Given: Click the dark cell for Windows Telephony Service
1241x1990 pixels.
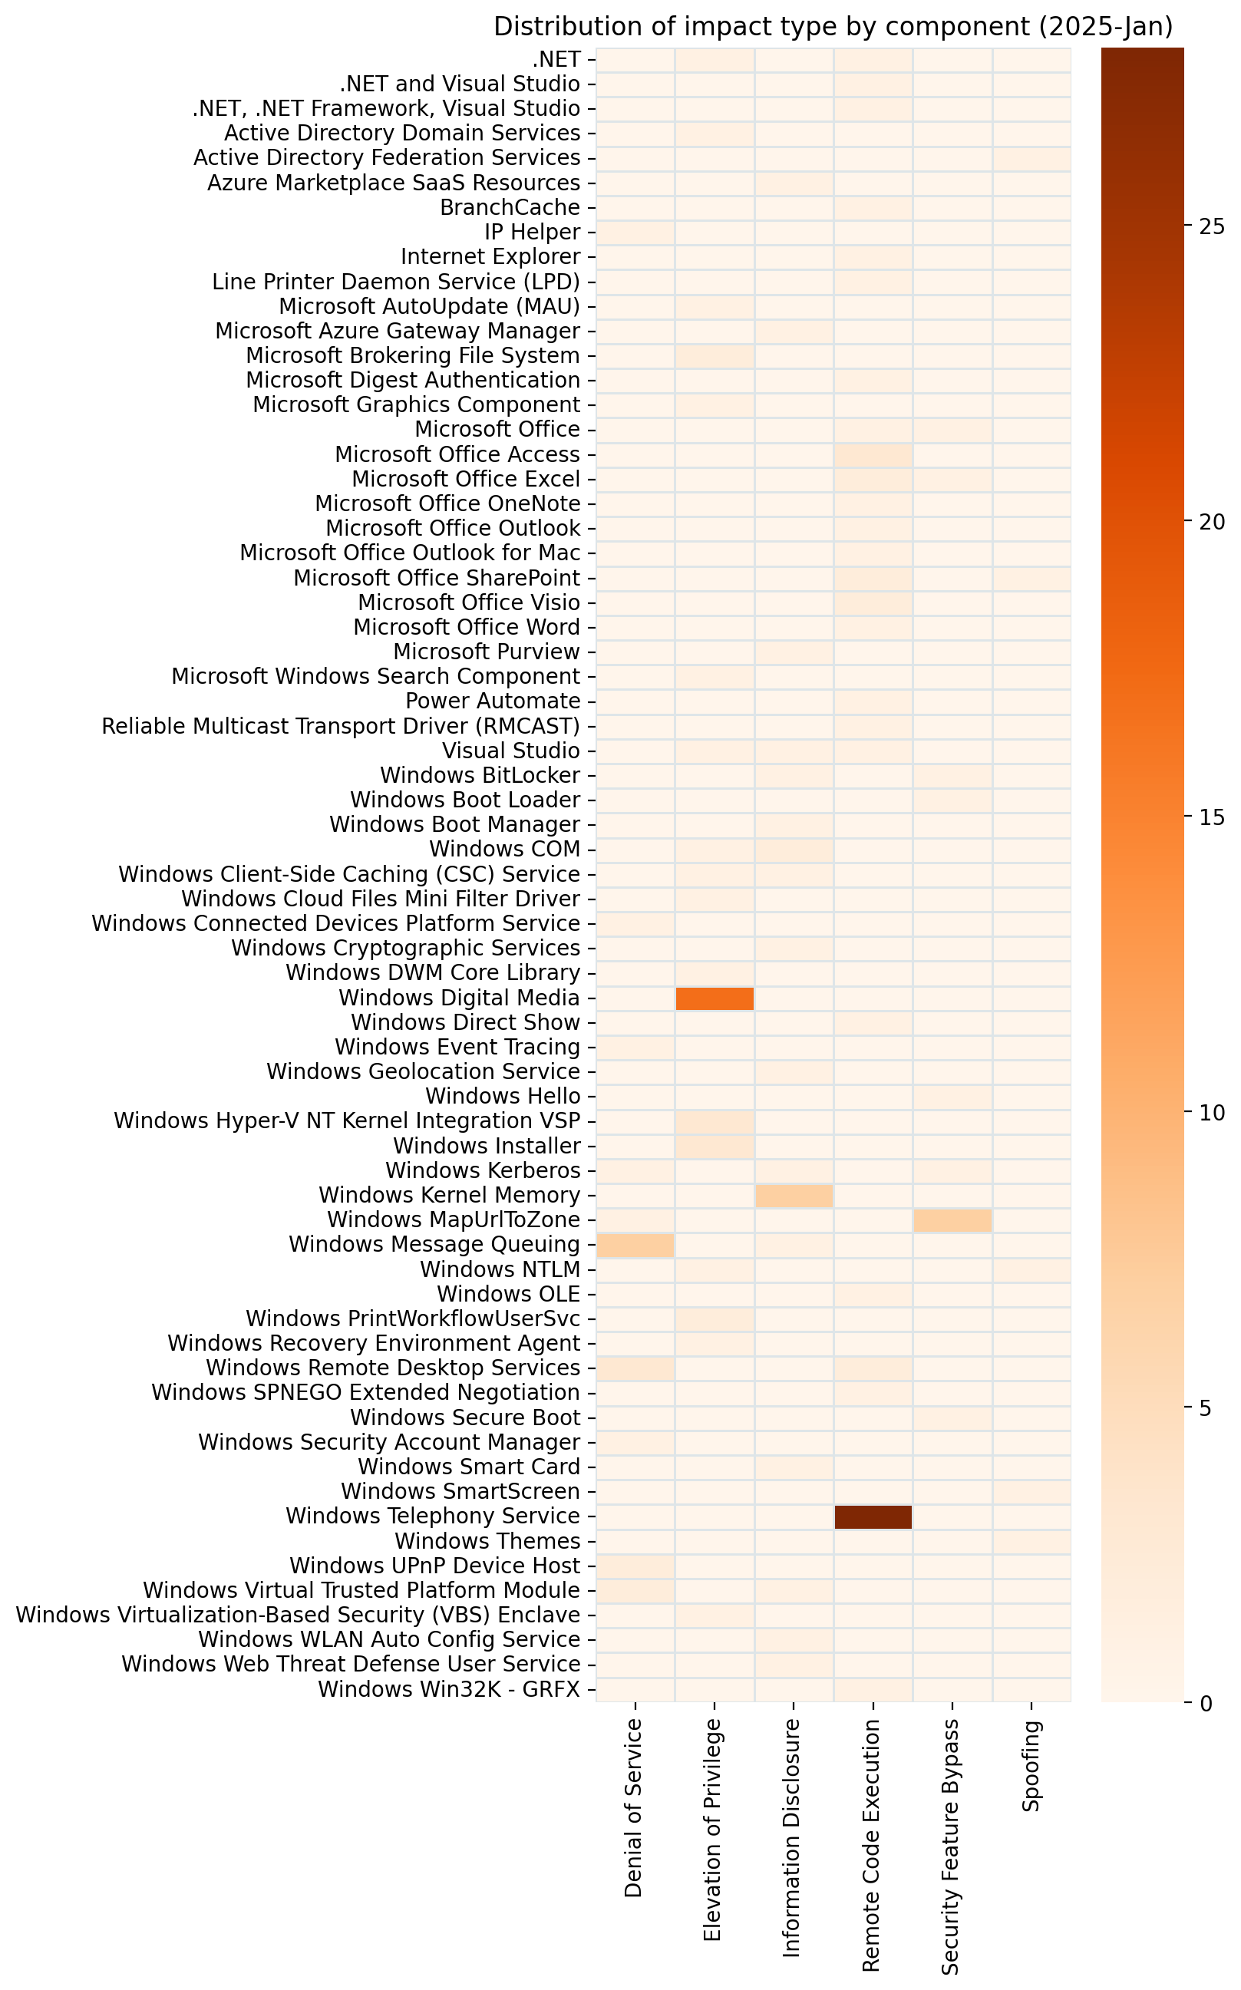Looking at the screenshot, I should tap(873, 1516).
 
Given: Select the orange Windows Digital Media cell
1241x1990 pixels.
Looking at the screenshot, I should tap(714, 998).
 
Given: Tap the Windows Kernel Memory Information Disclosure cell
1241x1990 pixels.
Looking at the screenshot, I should tap(794, 1196).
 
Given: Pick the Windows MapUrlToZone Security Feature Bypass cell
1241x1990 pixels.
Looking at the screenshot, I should tap(952, 1220).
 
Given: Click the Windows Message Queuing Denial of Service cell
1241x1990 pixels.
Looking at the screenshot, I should tap(635, 1245).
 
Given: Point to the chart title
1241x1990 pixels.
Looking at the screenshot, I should tap(832, 27).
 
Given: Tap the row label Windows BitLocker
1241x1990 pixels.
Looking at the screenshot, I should tap(480, 775).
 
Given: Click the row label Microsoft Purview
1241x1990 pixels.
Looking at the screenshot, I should tap(487, 652).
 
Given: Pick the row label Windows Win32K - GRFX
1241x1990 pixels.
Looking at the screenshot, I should tap(449, 1690).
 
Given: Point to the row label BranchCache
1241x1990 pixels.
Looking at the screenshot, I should tap(510, 208).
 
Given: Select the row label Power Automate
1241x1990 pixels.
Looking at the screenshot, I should tap(493, 701).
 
